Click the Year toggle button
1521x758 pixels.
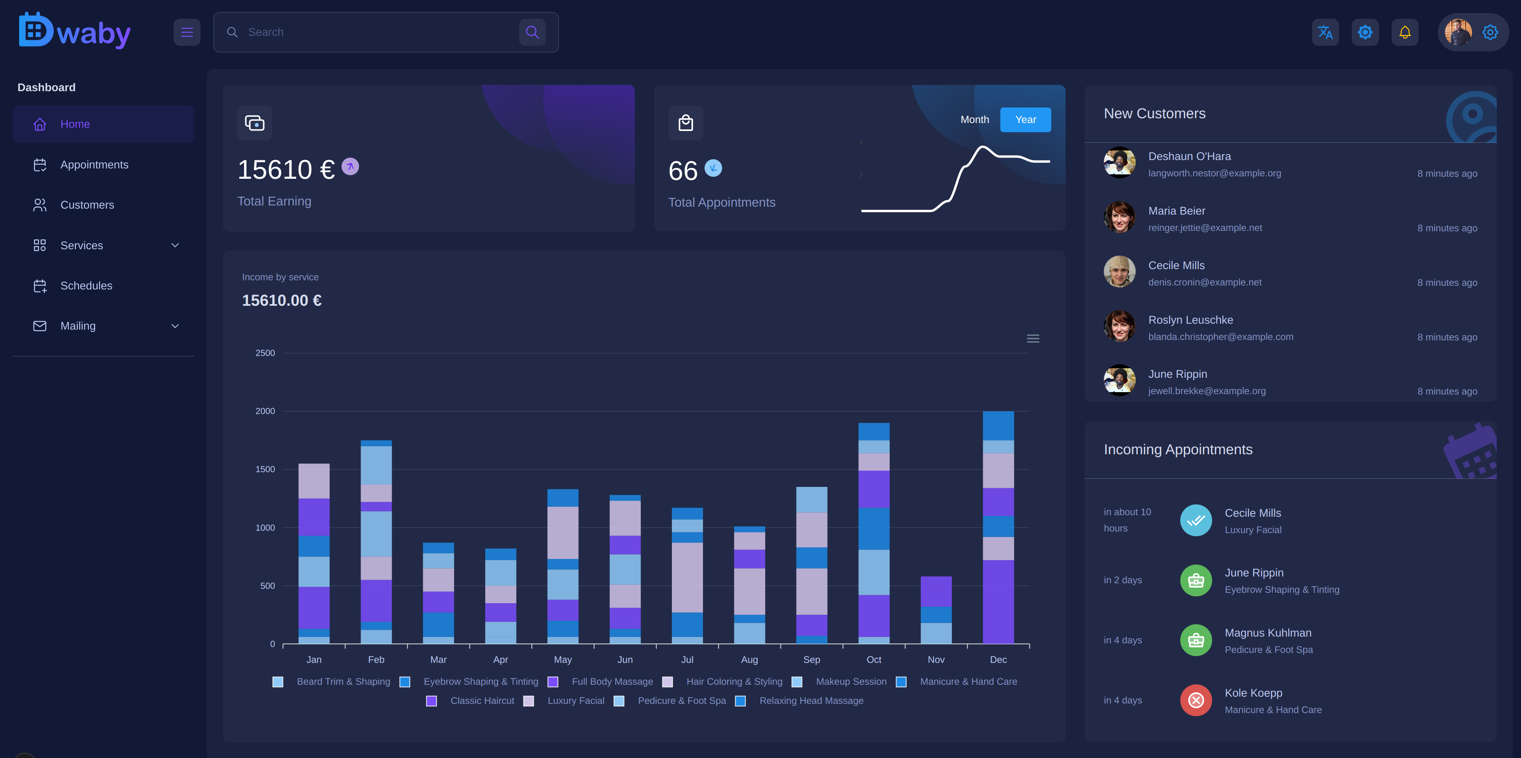pos(1025,120)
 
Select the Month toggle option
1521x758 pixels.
pos(974,120)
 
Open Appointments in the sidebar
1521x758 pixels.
pos(94,165)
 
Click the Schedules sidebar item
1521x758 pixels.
pos(86,286)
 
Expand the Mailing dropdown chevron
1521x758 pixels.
pos(175,326)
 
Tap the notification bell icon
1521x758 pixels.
pos(1405,33)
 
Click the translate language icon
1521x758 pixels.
pos(1325,33)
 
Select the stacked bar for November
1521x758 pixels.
pos(935,610)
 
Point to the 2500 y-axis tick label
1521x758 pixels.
pos(265,353)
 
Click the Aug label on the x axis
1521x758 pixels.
pos(749,659)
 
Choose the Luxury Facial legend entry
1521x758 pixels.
pos(575,701)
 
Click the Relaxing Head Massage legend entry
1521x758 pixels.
pos(811,701)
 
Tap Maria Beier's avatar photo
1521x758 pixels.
pos(1119,217)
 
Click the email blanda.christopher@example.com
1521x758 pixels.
pos(1220,337)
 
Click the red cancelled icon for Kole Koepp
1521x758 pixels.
pos(1196,700)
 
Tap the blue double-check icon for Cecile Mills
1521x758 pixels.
pos(1196,520)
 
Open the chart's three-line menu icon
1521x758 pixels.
pos(1033,339)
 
